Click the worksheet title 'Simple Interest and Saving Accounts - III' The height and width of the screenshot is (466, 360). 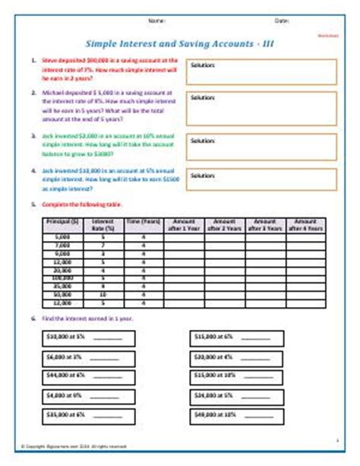click(179, 43)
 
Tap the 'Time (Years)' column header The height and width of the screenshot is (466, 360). click(142, 223)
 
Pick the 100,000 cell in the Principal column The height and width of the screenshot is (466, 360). click(62, 279)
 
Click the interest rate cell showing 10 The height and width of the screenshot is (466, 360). click(102, 293)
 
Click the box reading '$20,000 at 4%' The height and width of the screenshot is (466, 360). click(232, 354)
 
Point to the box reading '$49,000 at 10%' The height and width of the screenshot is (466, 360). click(232, 416)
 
